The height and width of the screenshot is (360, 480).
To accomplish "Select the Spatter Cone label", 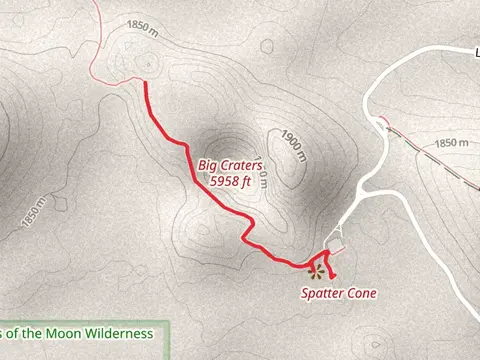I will click(338, 294).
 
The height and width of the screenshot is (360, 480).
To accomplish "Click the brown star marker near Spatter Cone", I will click(316, 269).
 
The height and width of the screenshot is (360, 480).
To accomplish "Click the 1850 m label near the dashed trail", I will click(452, 144).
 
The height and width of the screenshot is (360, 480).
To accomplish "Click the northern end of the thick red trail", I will click(148, 84).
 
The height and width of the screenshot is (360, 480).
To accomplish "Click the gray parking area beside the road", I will click(336, 243).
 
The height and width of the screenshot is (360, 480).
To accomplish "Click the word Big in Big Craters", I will click(208, 166).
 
